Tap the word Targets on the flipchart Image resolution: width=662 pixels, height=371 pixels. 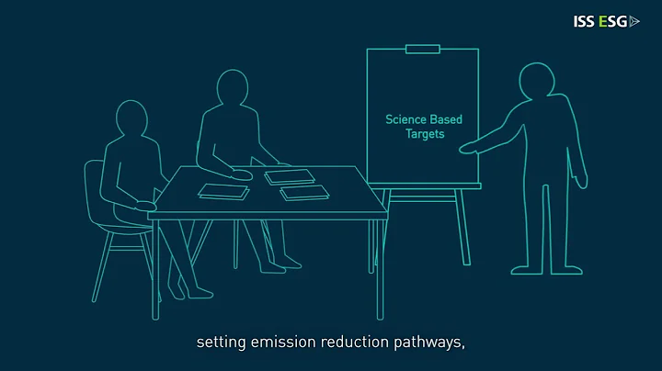coord(425,134)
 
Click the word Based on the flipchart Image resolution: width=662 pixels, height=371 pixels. coord(448,119)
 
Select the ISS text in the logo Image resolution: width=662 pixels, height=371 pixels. coord(584,21)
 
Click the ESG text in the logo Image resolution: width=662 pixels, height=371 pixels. coord(612,21)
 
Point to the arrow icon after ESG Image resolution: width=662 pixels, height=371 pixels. coord(634,21)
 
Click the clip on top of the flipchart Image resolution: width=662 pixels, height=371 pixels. coord(423,47)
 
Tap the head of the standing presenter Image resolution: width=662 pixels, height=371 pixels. coord(535,81)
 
